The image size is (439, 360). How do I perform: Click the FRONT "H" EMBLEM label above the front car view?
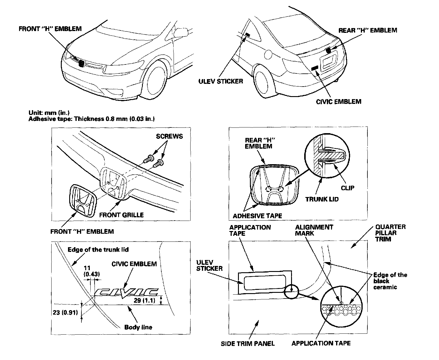[x=50, y=29]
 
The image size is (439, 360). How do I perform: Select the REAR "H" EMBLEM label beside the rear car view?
[x=368, y=30]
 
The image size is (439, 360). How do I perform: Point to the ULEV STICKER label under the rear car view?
[x=221, y=81]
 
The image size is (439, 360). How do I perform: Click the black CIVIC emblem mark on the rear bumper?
[x=315, y=68]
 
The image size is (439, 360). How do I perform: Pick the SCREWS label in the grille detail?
[x=169, y=136]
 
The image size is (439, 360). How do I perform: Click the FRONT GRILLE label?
[x=121, y=215]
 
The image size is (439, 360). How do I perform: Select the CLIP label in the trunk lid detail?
[x=348, y=188]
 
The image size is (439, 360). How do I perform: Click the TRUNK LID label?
[x=322, y=199]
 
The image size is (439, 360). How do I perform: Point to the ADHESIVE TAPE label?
[x=257, y=216]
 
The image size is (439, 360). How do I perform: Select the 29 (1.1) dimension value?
[x=144, y=301]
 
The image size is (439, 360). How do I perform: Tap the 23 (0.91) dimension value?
[x=65, y=313]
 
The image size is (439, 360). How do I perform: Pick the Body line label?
[x=138, y=327]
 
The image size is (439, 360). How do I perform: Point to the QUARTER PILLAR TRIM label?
[x=390, y=233]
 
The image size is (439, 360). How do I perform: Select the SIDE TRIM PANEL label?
[x=248, y=344]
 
